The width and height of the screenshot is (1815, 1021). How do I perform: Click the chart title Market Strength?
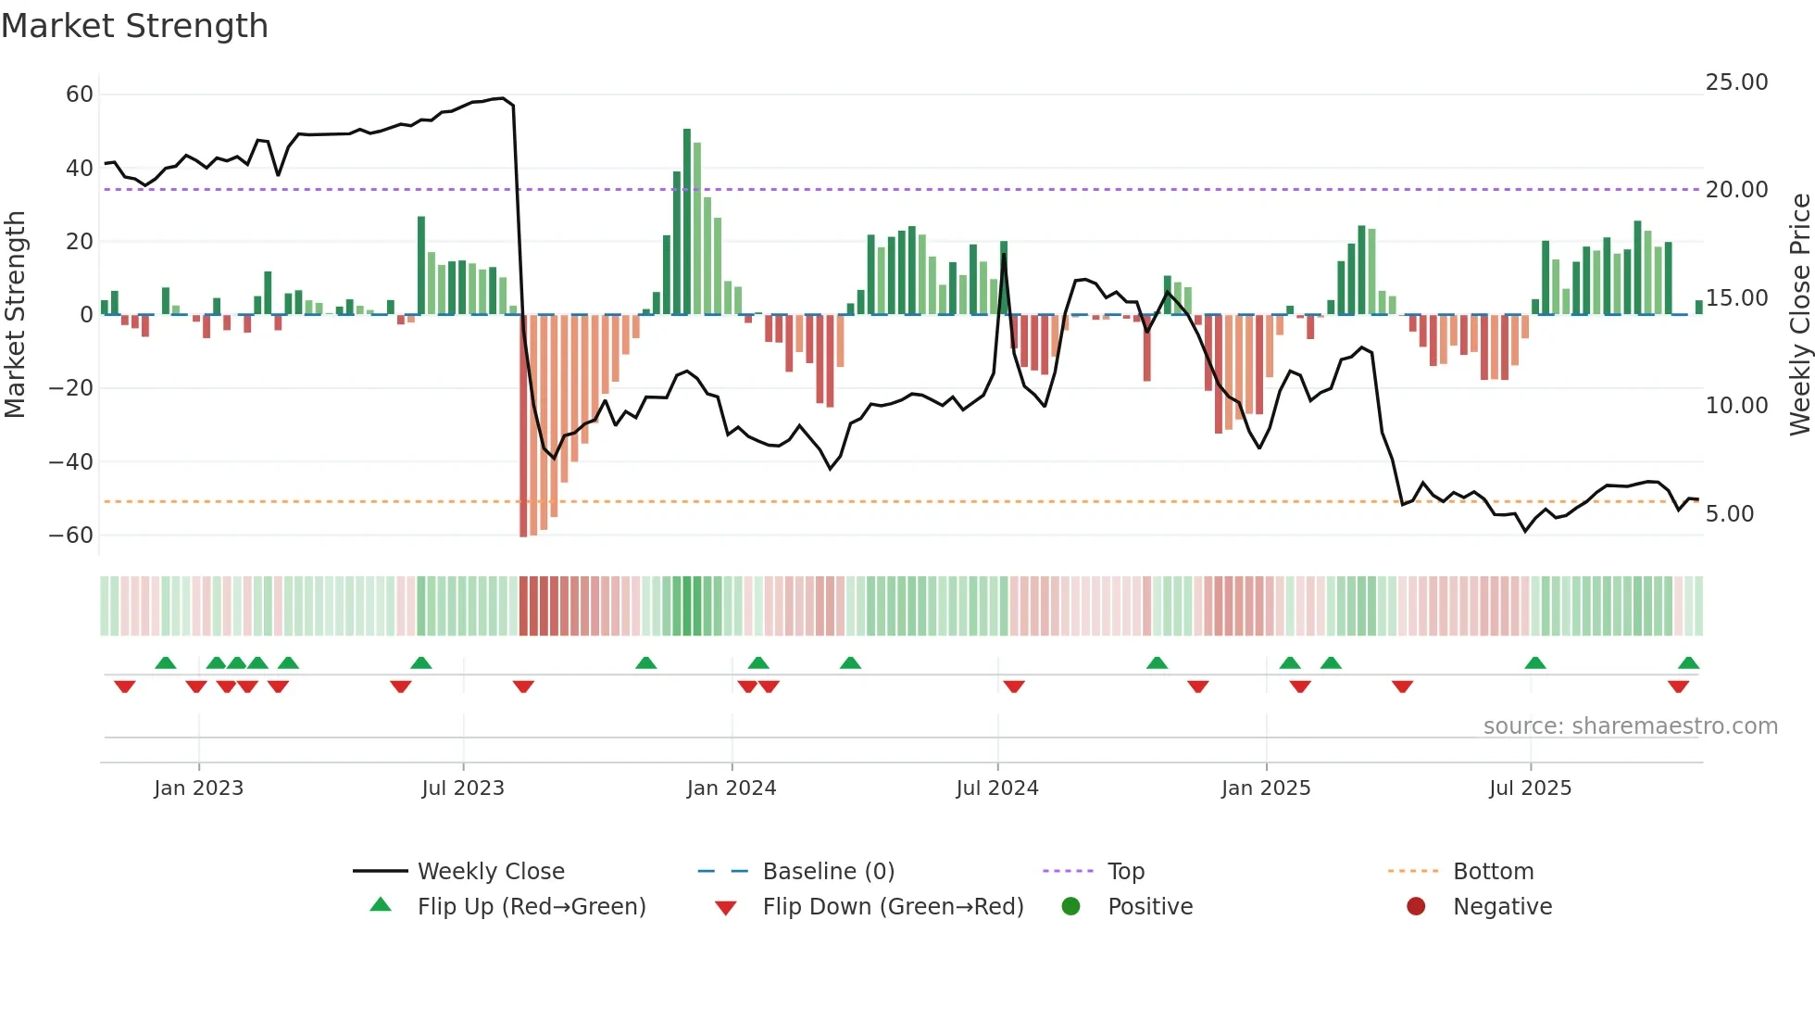[x=134, y=26]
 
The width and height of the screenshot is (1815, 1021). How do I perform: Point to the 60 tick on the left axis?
[x=80, y=95]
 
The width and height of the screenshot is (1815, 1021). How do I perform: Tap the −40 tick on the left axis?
[x=71, y=461]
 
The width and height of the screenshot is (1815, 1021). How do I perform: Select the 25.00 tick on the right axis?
[x=1736, y=82]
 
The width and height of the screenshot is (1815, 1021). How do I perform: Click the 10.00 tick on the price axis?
[x=1736, y=406]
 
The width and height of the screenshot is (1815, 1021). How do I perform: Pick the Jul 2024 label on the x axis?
[x=996, y=788]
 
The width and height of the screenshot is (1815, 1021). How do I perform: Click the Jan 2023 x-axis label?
[x=198, y=788]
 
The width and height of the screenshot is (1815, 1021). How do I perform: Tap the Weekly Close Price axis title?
[x=1799, y=315]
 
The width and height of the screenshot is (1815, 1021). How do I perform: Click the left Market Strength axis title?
[x=15, y=315]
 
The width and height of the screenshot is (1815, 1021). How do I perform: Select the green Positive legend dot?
[x=1070, y=907]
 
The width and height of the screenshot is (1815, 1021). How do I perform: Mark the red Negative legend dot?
[x=1415, y=907]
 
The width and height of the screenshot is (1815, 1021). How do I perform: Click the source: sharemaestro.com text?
[x=1630, y=726]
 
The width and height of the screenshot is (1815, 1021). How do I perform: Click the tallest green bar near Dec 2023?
[x=687, y=222]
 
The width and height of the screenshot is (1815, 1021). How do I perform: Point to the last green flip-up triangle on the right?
[x=1688, y=663]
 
